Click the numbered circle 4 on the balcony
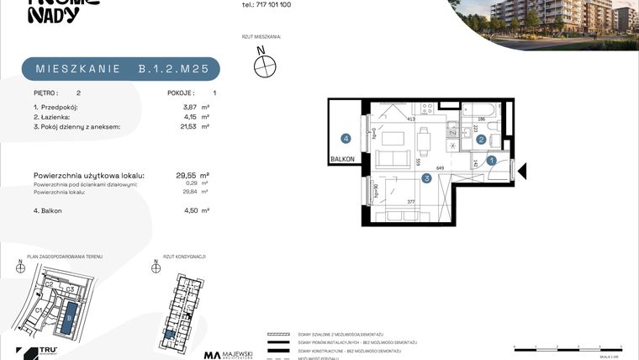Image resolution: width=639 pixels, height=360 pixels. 345,139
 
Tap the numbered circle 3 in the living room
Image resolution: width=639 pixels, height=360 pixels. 426,177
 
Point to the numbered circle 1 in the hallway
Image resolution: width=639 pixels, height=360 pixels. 492,158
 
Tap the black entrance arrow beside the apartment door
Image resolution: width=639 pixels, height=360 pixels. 521,171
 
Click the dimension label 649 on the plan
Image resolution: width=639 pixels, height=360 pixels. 440,167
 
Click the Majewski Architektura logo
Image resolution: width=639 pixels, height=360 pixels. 231,355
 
